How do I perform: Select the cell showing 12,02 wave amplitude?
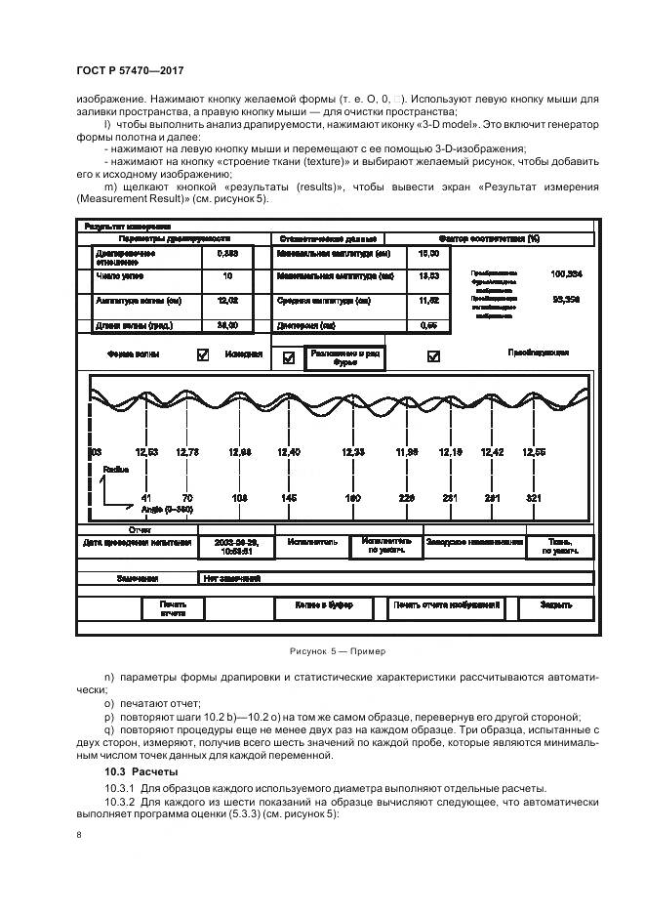coord(227,301)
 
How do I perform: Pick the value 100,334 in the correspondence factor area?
coord(567,274)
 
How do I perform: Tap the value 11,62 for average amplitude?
coord(428,301)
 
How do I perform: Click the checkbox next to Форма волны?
coord(203,355)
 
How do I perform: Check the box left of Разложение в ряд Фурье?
coord(288,358)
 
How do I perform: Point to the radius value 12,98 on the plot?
coord(239,452)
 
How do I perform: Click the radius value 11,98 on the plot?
coord(407,452)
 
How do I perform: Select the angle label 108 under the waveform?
coord(239,498)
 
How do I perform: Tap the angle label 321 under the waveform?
coord(534,498)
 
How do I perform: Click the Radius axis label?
coord(115,470)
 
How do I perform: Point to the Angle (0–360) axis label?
coord(167,510)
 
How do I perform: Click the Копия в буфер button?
coord(325,606)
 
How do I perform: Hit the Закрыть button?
coord(557,606)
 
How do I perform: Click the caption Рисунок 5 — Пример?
coord(338,652)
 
